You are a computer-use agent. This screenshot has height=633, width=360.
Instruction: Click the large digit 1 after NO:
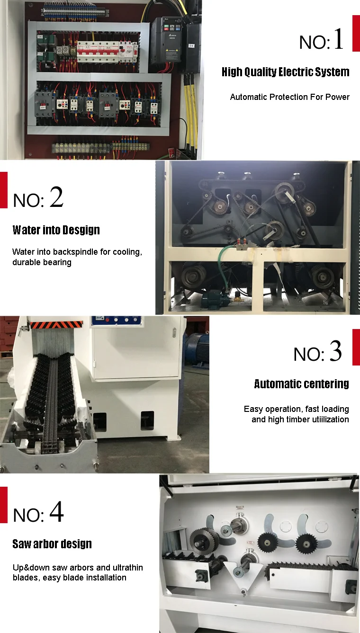click(339, 39)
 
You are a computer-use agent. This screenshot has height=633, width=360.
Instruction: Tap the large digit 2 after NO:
click(56, 196)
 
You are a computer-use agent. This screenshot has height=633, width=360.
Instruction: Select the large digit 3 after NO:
click(336, 351)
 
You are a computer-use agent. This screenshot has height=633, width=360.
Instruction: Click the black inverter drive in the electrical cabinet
click(166, 41)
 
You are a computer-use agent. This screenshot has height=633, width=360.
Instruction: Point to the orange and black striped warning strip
click(56, 325)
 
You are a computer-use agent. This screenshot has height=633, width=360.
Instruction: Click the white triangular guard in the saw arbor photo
click(243, 577)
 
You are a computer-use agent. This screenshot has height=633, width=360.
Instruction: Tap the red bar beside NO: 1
click(356, 33)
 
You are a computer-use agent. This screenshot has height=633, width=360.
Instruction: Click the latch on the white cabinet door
click(174, 332)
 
